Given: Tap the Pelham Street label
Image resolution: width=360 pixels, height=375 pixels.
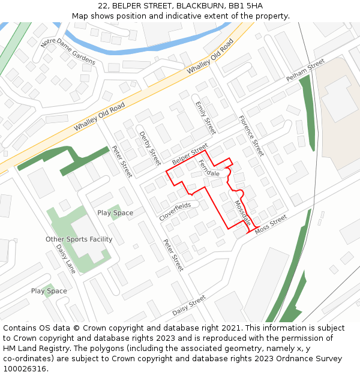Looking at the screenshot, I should [x=305, y=71].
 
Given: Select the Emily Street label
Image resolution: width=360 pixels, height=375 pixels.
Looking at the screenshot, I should [x=205, y=117].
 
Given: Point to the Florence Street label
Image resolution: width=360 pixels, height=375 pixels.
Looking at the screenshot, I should [x=251, y=136].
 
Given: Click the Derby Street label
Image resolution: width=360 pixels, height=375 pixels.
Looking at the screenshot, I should [x=150, y=148].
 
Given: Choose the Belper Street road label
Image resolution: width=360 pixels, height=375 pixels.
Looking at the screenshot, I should [x=190, y=155].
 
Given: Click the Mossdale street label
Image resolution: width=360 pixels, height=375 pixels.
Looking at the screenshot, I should [x=242, y=212].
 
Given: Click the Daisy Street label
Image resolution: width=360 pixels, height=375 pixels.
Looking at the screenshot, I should [x=189, y=305].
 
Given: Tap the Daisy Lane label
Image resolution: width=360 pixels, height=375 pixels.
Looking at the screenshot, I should [x=66, y=259].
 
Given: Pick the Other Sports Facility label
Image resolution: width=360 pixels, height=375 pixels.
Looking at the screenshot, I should [x=79, y=239].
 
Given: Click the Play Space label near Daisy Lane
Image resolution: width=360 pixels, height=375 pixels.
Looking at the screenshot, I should [x=49, y=291].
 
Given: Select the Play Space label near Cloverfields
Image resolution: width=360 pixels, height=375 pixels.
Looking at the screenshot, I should [x=115, y=213].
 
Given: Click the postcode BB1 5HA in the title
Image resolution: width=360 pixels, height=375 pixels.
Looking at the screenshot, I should [x=245, y=6].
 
